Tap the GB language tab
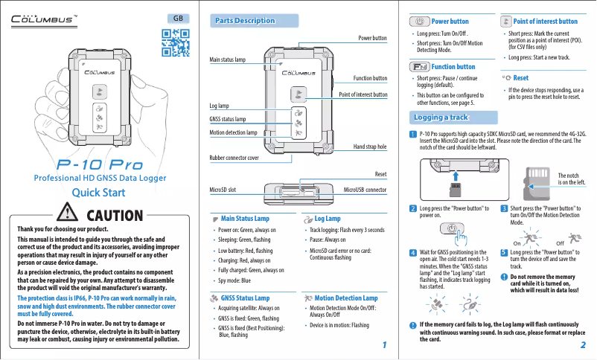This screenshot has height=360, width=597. [x=178, y=18]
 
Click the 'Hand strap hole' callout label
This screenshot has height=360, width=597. [x=369, y=147]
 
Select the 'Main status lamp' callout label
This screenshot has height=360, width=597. [x=228, y=59]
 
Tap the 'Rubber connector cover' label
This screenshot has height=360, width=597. [x=234, y=158]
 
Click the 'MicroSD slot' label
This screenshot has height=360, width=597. [x=223, y=190]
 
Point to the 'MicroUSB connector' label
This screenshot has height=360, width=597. [x=365, y=190]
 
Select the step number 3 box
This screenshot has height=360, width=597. [x=504, y=208]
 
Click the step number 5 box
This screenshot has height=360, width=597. [x=504, y=253]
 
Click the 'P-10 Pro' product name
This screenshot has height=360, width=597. [x=96, y=164]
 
